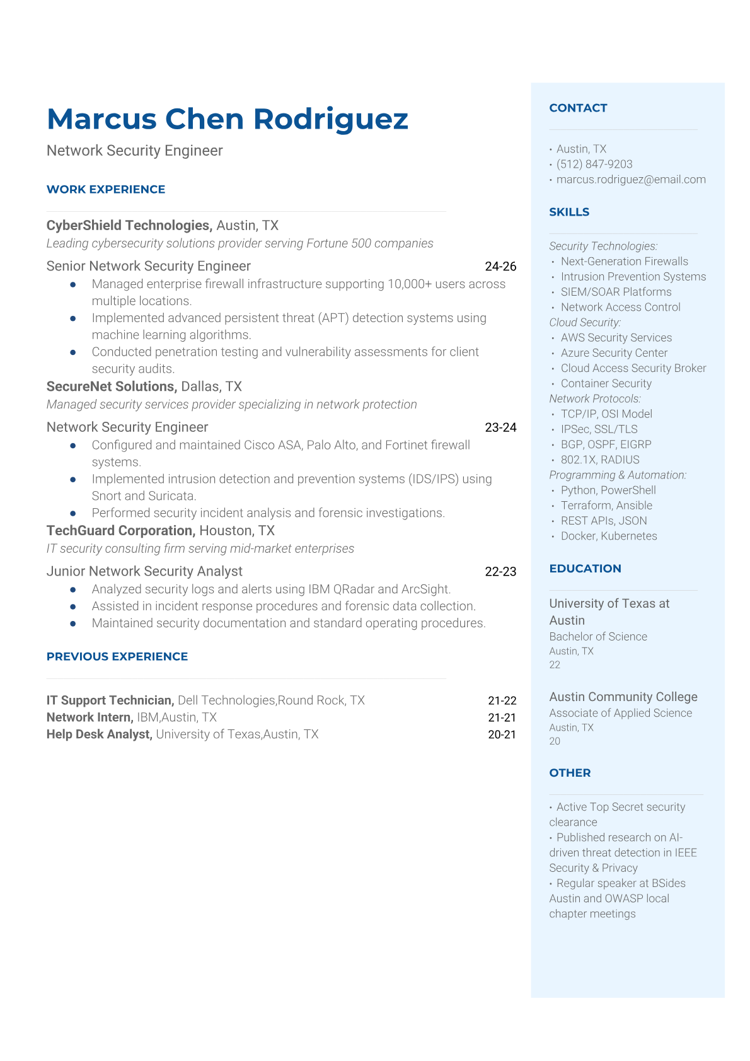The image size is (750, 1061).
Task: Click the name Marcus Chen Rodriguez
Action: coord(228,119)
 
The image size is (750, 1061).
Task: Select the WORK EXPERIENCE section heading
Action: coord(106,190)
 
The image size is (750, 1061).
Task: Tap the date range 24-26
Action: coord(500,267)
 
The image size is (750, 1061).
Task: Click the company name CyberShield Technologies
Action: coord(128,226)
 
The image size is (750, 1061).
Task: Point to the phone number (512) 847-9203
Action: coord(594,165)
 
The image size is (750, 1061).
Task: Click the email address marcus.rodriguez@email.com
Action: coord(631,180)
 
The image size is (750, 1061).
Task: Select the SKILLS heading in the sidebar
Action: coord(569,212)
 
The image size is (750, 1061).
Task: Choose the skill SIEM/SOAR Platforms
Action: coord(616,292)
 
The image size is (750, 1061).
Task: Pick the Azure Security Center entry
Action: coord(614,353)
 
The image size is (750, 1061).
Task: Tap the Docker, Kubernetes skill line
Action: coord(609,536)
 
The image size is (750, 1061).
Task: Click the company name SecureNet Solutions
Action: coord(111,386)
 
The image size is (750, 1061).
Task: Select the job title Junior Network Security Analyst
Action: coord(144,571)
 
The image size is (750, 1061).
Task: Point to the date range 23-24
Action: coord(500,427)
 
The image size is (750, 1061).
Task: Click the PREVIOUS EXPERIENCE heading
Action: coord(117,657)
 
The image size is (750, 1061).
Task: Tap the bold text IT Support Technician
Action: coord(109,700)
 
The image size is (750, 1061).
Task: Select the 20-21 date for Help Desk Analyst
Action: coord(502,734)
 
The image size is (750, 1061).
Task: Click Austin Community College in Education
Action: coord(623,697)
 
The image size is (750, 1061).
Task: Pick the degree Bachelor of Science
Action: coord(598,637)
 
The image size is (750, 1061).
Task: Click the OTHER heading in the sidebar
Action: coord(570,773)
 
